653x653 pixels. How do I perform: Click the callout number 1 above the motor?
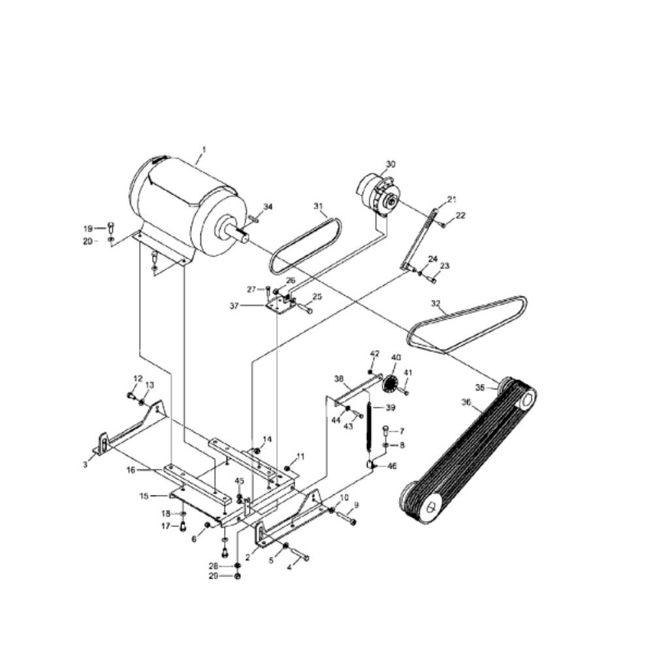coord(204,149)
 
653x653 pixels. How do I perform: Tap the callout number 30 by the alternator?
coord(390,164)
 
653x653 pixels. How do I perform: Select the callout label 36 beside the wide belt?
coord(466,402)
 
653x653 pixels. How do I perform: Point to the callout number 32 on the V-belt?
coord(435,303)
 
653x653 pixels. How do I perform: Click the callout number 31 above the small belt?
coord(318,206)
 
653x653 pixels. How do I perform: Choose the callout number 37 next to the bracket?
coord(234,306)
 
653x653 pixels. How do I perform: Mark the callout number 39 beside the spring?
coord(390,407)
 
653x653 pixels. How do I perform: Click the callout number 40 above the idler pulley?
coord(396,357)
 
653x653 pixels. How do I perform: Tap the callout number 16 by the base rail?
coord(131,470)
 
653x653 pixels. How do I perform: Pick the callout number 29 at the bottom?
coord(214,576)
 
